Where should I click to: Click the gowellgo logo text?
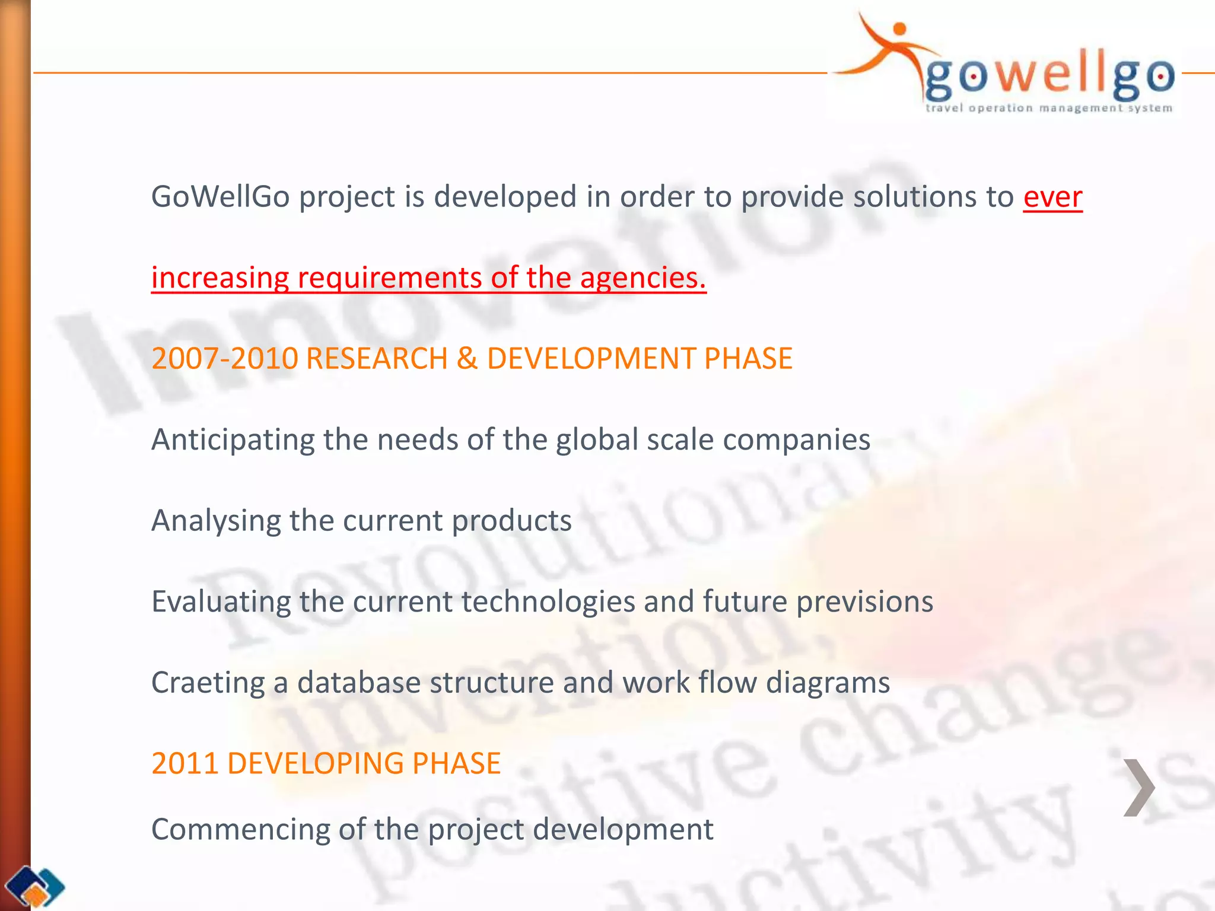tap(1049, 77)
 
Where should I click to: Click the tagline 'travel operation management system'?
tap(1048, 108)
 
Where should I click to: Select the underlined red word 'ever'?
tap(1052, 198)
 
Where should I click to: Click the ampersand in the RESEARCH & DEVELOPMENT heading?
tap(467, 359)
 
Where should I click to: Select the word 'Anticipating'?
tap(233, 441)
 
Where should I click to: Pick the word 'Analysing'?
tap(215, 521)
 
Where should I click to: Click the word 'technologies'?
tap(548, 602)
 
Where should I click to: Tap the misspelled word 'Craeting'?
tap(208, 683)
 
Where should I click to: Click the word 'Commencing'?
tap(240, 830)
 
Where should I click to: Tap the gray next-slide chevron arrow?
tap(1138, 787)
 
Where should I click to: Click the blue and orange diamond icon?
tap(37, 887)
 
